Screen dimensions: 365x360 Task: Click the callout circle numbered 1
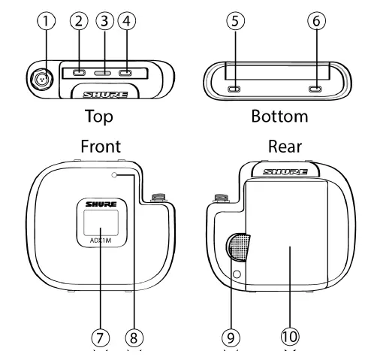tap(47, 21)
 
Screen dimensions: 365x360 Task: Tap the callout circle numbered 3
tap(104, 21)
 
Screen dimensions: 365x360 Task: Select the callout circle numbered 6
tap(317, 21)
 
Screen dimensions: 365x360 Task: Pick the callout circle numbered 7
tap(101, 337)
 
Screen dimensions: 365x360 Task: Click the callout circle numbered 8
tap(134, 337)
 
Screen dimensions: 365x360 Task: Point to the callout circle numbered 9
tap(231, 337)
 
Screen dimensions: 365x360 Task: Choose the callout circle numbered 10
tap(290, 337)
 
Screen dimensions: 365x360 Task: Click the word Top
tap(99, 116)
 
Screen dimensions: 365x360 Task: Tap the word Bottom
tap(279, 116)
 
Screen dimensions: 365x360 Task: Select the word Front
tap(101, 147)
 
